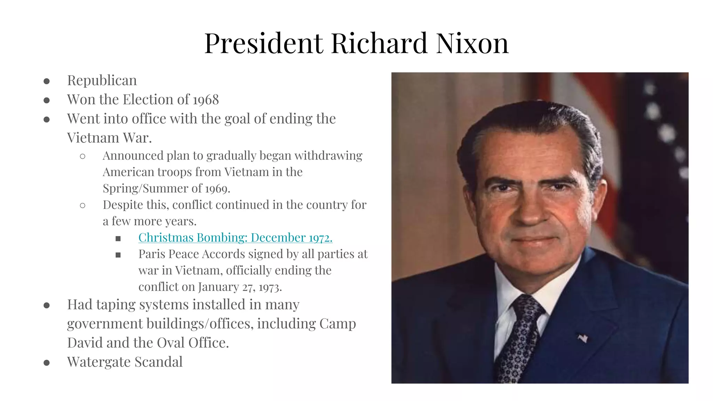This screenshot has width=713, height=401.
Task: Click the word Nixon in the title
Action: (472, 43)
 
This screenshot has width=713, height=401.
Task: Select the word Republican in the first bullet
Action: (102, 80)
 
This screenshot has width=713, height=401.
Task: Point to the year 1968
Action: (206, 100)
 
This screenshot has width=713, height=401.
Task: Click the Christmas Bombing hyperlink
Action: (235, 237)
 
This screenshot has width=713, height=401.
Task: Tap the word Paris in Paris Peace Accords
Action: (151, 254)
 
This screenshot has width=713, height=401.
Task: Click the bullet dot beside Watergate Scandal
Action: (47, 363)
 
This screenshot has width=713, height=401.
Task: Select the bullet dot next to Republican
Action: (47, 81)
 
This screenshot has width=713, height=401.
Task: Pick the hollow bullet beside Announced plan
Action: (83, 156)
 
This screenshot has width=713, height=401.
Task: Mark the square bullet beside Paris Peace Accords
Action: (118, 255)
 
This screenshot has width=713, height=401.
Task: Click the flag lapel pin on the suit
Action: (582, 338)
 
